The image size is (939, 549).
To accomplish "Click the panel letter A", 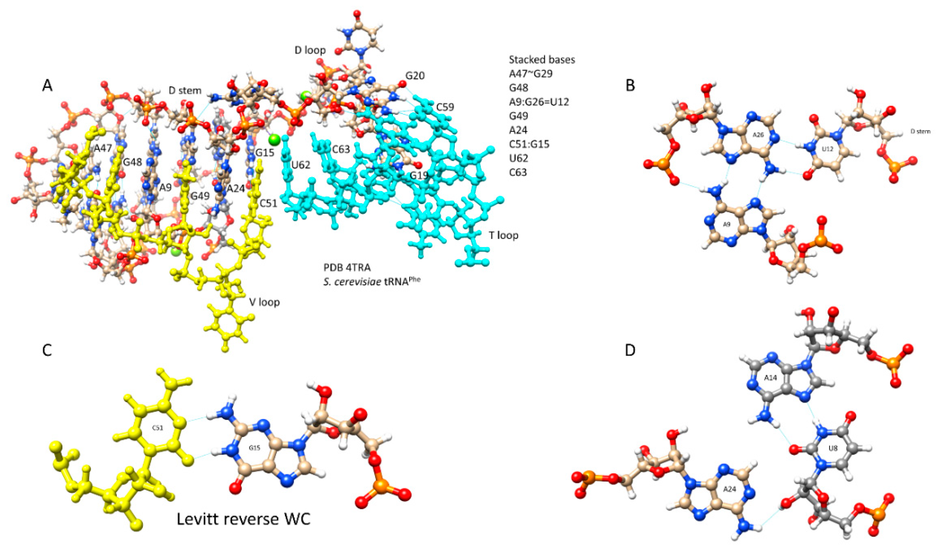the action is tap(47, 86).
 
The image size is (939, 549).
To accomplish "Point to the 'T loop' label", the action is tap(503, 235).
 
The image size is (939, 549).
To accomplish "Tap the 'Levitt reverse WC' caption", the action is tap(243, 519).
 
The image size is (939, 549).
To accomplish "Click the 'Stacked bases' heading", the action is tap(542, 60).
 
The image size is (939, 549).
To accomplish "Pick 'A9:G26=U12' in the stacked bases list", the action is tap(539, 102).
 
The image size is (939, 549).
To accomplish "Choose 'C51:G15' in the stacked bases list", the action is tap(529, 144).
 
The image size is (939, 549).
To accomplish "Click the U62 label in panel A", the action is tap(301, 165).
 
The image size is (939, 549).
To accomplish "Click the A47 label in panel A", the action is tap(103, 148).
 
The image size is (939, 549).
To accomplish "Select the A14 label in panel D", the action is tap(770, 378).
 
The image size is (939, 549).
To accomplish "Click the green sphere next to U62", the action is tap(274, 140).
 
